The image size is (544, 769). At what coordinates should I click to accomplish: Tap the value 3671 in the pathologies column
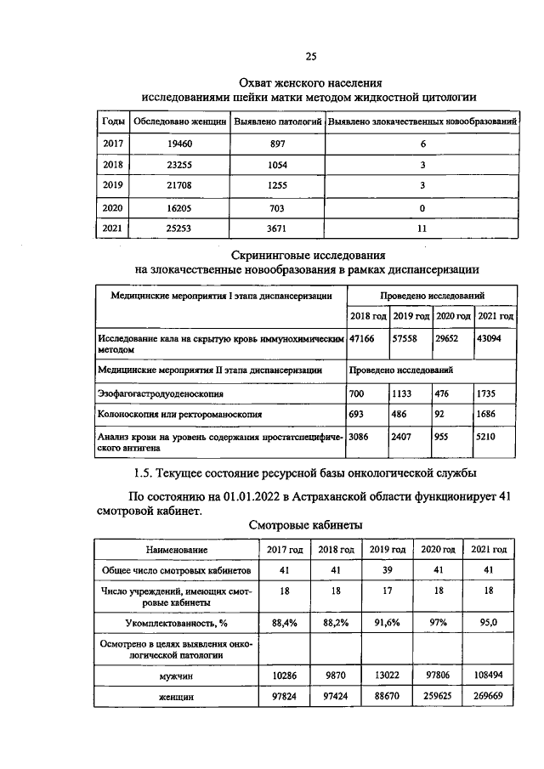click(x=277, y=228)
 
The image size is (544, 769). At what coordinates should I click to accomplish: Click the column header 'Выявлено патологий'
click(x=277, y=122)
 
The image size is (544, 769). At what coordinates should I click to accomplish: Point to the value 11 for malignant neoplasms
click(x=422, y=228)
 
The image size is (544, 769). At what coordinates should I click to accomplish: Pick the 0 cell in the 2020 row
click(x=422, y=206)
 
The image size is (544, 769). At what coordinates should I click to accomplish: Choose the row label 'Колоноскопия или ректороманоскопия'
click(x=179, y=414)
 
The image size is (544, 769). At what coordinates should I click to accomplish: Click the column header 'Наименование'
click(x=176, y=550)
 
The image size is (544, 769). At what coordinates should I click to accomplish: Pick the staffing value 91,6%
click(x=387, y=623)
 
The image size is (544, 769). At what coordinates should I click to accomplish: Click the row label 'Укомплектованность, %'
click(x=176, y=623)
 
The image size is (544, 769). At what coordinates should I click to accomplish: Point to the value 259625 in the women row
click(x=438, y=696)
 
